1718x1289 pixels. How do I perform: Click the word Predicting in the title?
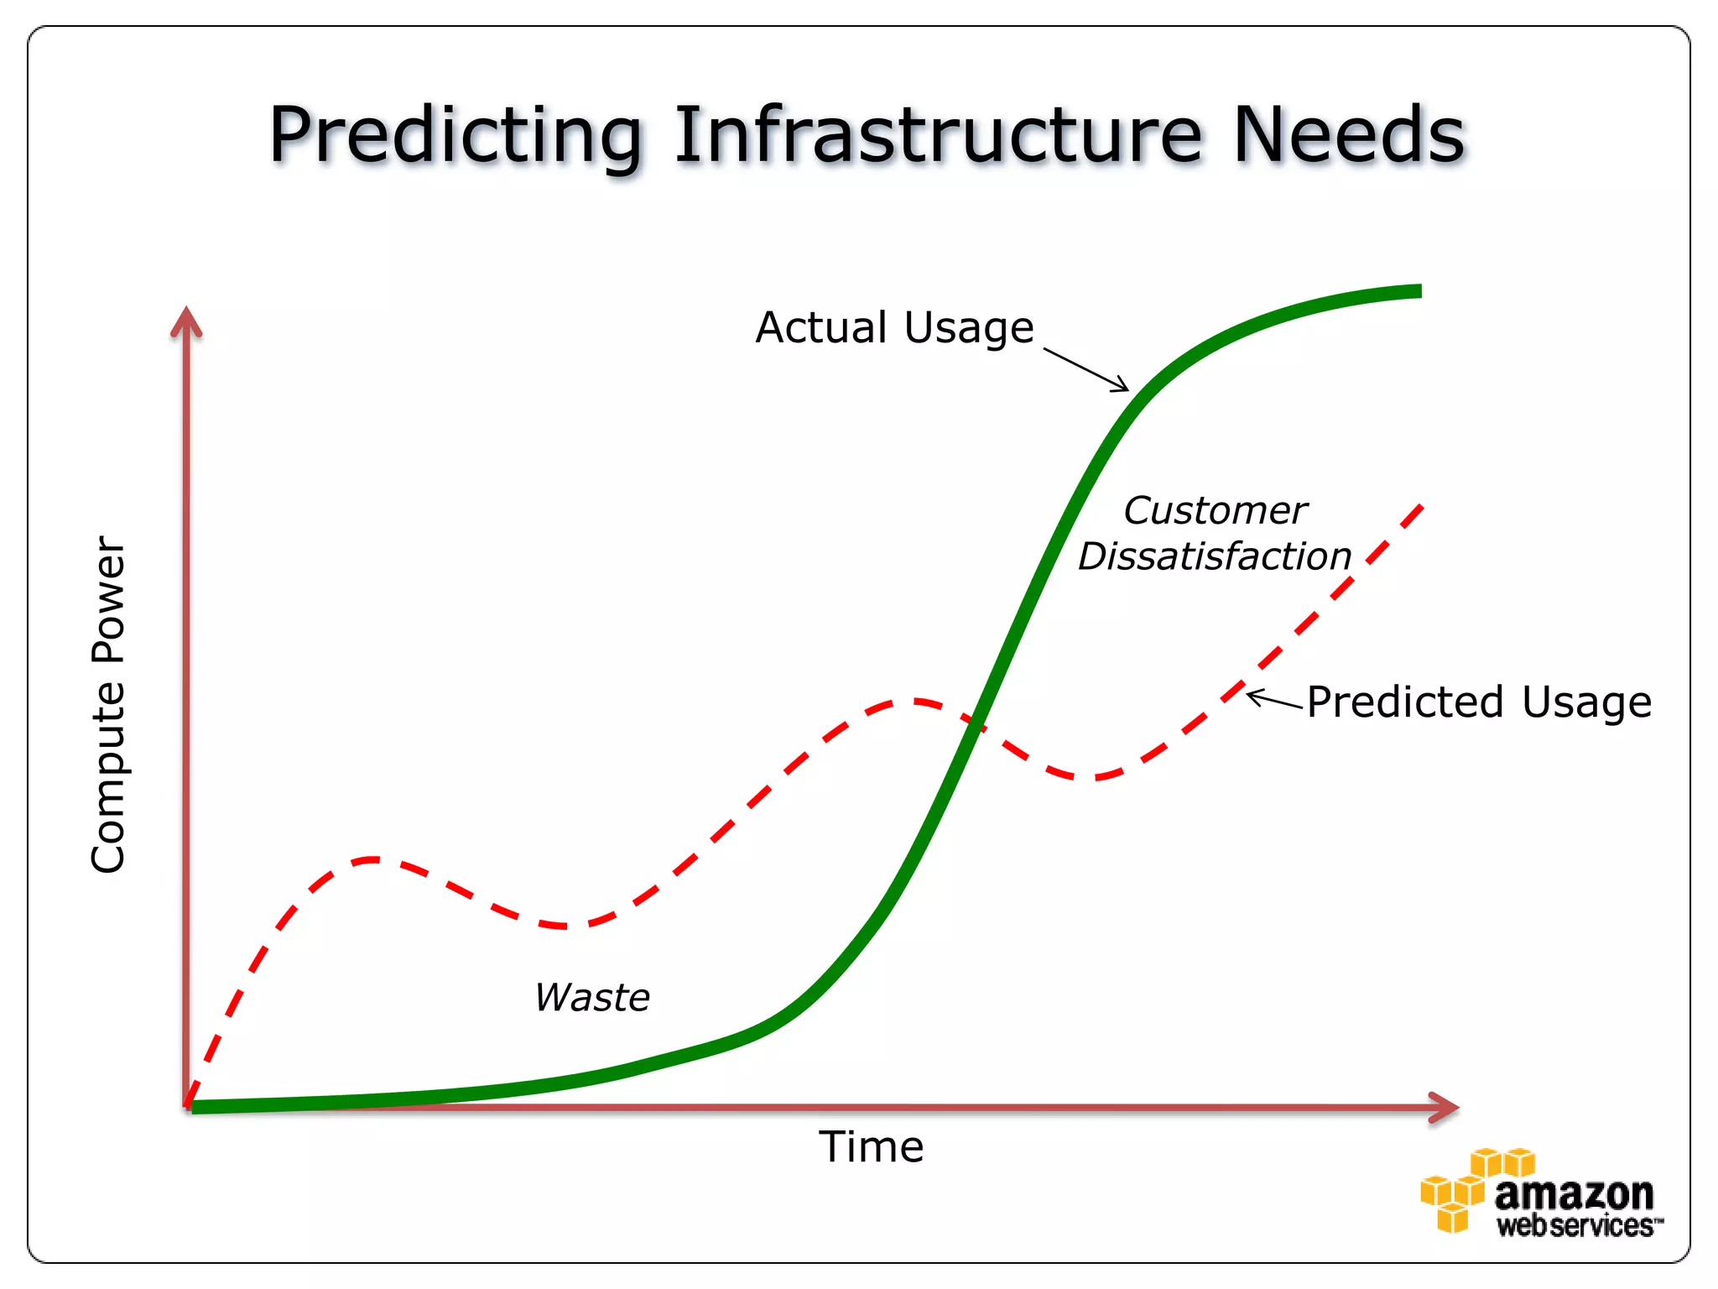456,137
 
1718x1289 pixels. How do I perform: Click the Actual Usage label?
894,327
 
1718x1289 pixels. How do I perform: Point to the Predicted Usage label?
1479,702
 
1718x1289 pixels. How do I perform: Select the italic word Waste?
592,998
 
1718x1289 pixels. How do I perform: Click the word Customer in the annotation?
1215,510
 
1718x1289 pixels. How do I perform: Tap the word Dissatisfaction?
1215,556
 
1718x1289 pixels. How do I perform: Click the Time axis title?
871,1147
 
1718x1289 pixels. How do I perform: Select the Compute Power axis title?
109,705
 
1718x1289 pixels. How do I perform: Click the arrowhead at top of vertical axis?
186,321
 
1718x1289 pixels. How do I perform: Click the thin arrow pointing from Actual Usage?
1086,370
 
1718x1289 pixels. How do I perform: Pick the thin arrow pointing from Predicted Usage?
1275,701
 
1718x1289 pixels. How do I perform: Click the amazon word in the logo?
1573,1193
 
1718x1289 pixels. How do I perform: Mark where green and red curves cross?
974,723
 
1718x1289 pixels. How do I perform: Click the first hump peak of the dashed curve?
372,859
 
